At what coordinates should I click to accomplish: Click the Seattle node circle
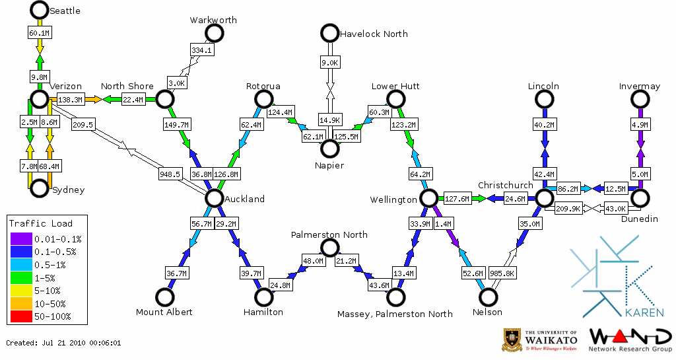pos(40,10)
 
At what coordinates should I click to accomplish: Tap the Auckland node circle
pos(214,198)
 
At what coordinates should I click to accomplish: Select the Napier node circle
pos(329,149)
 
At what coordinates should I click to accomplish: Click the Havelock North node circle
pos(329,33)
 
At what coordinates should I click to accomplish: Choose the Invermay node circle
pos(639,99)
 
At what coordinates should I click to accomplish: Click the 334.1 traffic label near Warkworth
pos(201,50)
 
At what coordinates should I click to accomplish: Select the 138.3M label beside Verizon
pos(70,100)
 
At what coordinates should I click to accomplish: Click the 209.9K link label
pos(568,209)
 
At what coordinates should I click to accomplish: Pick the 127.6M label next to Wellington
pos(457,199)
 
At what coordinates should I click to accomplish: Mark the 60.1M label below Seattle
pos(40,32)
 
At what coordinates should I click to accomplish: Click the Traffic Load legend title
pos(41,223)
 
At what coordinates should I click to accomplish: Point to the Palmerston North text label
pos(329,235)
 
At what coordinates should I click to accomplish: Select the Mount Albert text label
pos(164,312)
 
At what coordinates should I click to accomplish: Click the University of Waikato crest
pos(513,340)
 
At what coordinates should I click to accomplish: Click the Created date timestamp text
pos(63,343)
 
